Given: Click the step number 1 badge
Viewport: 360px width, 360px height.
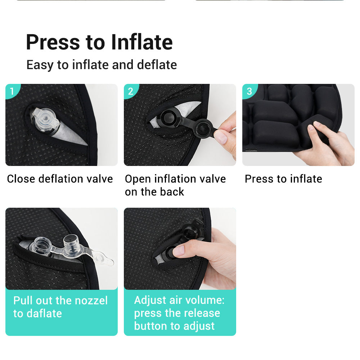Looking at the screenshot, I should [x=12, y=91].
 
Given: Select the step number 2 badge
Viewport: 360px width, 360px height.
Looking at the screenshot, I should [x=130, y=91].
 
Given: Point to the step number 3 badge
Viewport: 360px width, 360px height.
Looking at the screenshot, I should [x=249, y=91].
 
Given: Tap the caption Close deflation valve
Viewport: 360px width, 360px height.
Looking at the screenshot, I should [x=60, y=179].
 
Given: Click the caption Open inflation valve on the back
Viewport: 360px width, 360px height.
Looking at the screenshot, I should [x=175, y=185].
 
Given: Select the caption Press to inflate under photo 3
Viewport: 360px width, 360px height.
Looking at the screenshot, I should [x=283, y=179].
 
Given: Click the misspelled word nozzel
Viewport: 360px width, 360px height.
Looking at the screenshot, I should [x=90, y=300].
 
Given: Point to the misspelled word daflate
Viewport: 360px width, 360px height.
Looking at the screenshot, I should [x=43, y=313].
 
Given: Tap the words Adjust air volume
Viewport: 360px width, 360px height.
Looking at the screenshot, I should [x=179, y=300].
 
